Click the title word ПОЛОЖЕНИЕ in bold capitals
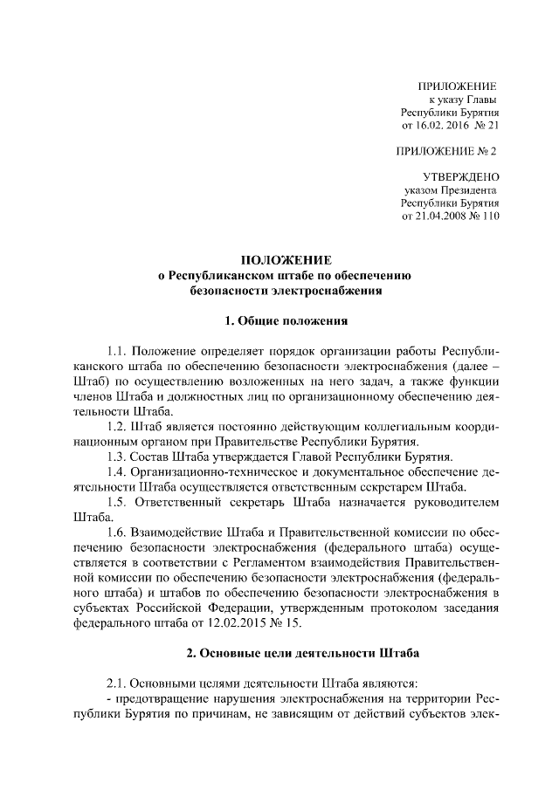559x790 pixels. [x=286, y=259]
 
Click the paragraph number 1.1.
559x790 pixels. [x=118, y=351]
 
